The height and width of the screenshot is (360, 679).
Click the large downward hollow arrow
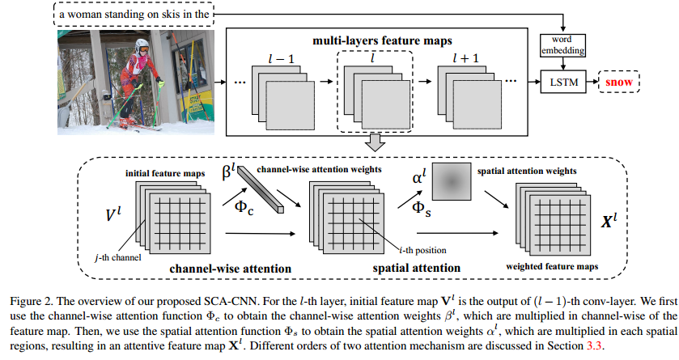[x=373, y=144]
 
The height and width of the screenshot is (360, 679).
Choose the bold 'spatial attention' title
[x=420, y=267]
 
